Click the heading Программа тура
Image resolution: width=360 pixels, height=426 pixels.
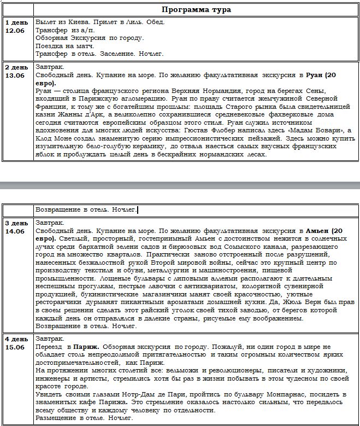pyautogui.click(x=197, y=10)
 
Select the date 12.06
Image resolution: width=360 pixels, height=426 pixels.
pyautogui.click(x=15, y=31)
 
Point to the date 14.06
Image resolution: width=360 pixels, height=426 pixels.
pyautogui.click(x=15, y=231)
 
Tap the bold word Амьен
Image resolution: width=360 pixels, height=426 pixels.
pyautogui.click(x=318, y=231)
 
